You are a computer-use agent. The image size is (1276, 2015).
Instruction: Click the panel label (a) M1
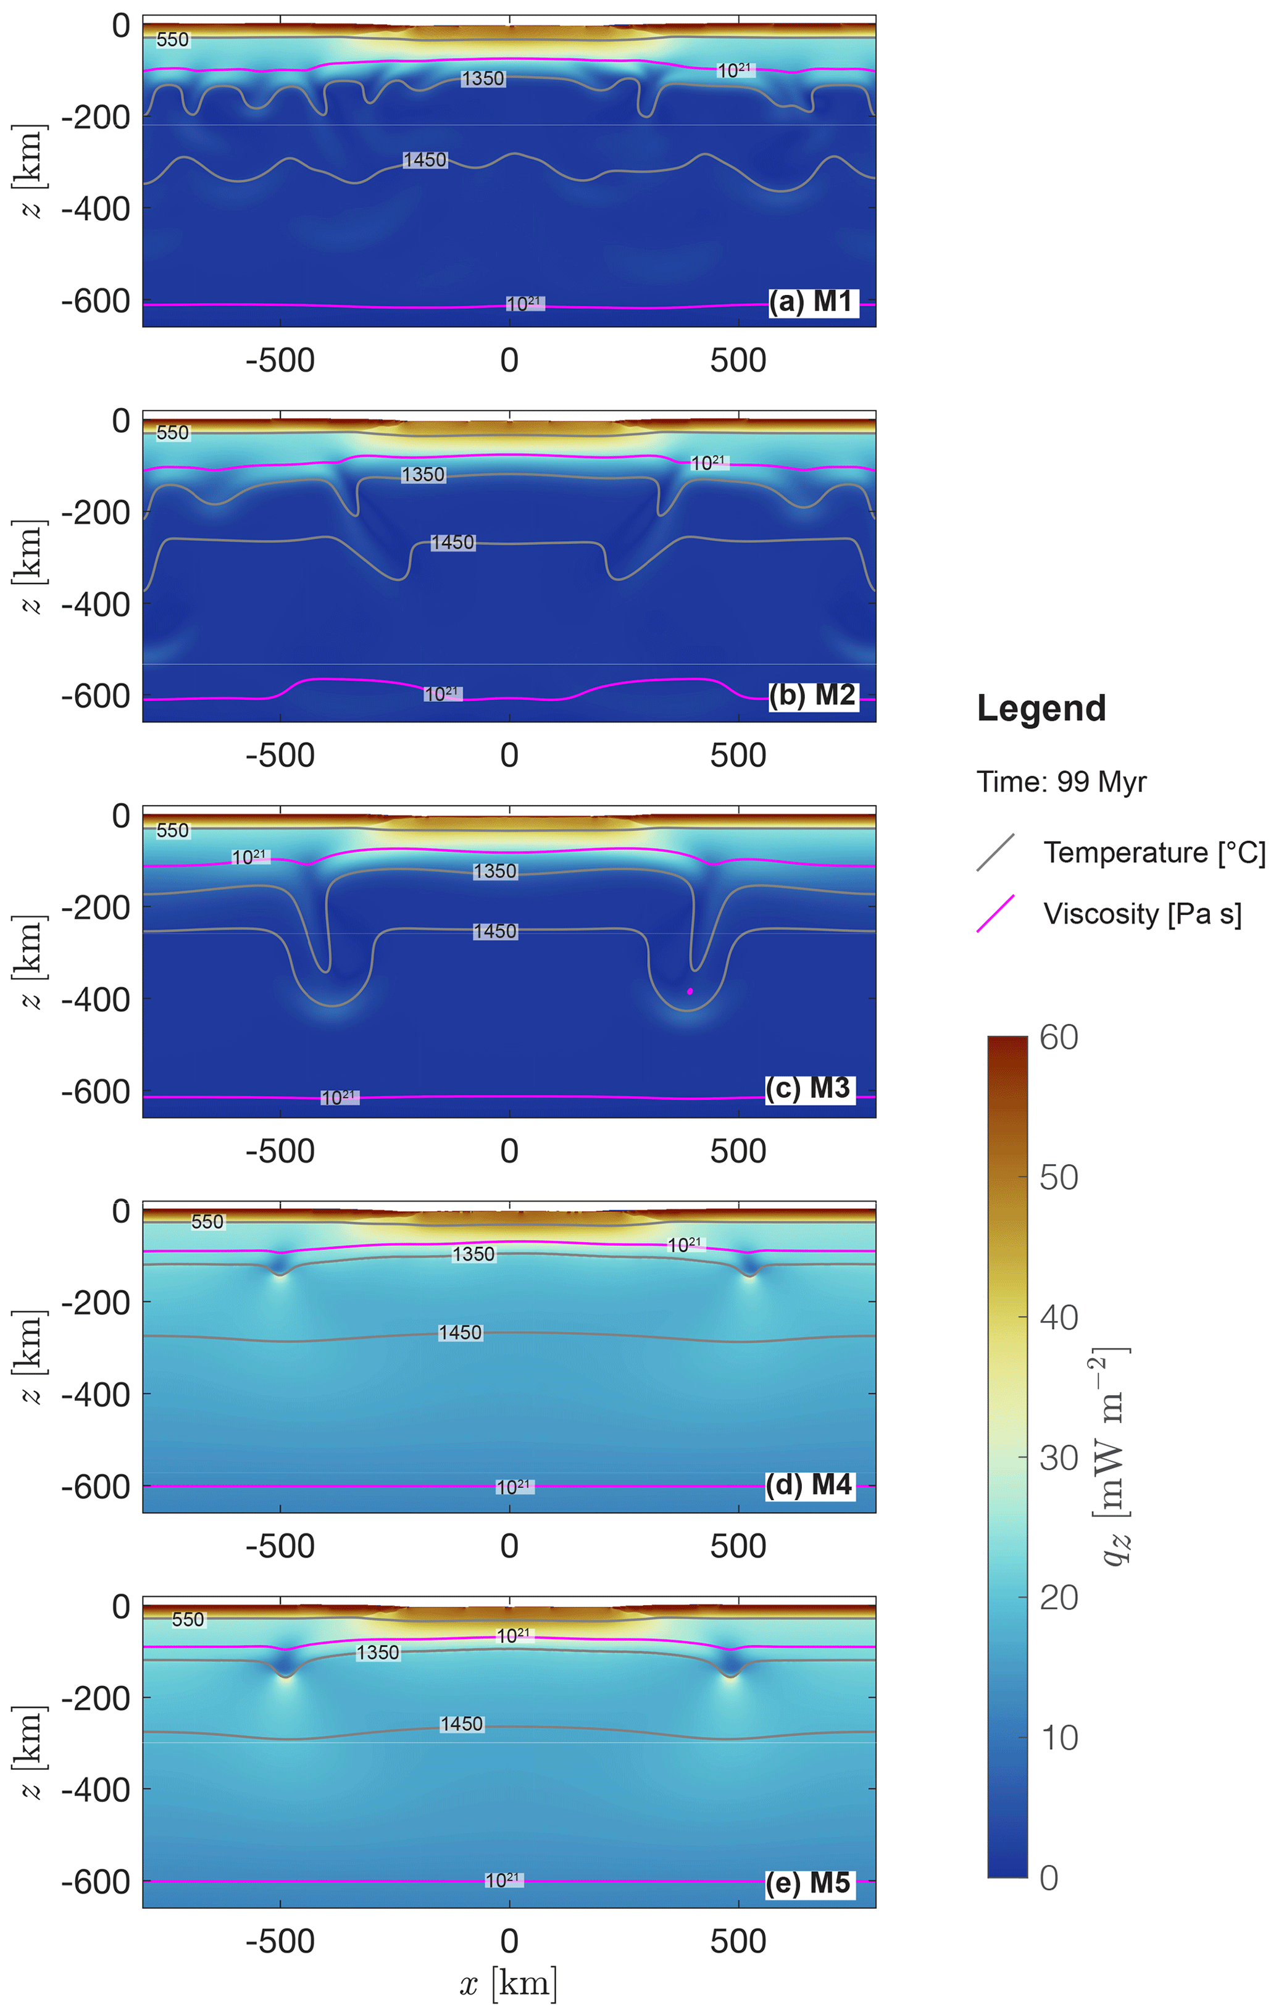[812, 301]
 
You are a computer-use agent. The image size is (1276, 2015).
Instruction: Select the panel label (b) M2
[812, 695]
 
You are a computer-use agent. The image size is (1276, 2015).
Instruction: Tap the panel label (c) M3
[810, 1088]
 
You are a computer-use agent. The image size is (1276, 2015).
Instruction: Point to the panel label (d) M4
[810, 1485]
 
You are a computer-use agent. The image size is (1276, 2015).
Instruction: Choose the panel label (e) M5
[810, 1883]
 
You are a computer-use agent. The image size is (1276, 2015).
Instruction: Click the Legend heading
[1041, 709]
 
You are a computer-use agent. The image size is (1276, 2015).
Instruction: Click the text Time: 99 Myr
[1061, 782]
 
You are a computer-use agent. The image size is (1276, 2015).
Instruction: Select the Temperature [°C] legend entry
[1154, 853]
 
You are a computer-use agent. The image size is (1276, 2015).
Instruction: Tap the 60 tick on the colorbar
[1059, 1038]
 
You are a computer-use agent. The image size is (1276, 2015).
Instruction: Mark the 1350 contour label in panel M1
[483, 78]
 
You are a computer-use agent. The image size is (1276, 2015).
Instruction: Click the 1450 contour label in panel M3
[495, 932]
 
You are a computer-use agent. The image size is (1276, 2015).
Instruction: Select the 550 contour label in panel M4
[207, 1222]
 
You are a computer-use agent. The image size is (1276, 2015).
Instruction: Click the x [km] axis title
[509, 1983]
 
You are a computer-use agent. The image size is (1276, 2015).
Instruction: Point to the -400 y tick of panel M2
[96, 604]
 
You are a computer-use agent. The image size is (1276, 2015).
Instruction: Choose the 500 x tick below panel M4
[738, 1546]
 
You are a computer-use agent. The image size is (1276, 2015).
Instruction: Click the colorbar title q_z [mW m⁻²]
[1114, 1456]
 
